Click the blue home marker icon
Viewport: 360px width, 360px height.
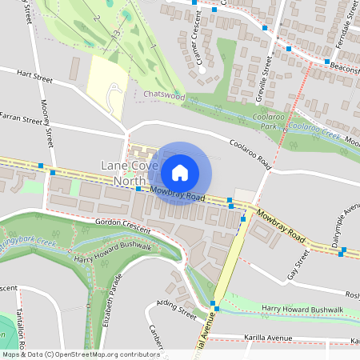[x=180, y=173]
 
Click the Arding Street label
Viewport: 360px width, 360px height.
[x=177, y=306]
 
